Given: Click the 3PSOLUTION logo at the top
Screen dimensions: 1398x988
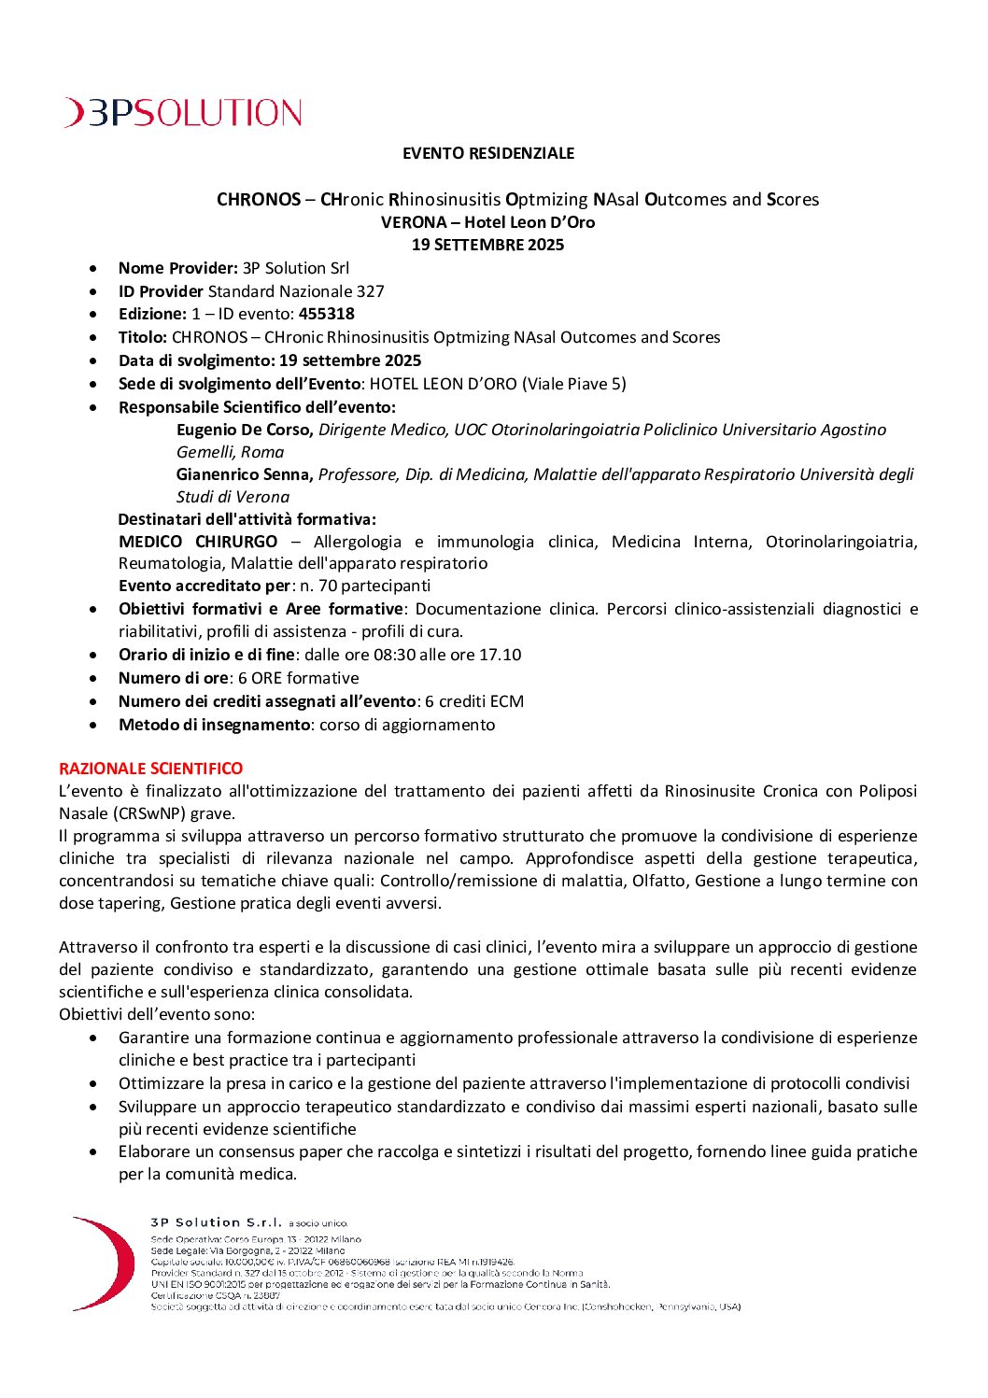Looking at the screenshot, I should [x=183, y=113].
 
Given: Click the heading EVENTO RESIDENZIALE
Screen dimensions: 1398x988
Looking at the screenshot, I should [x=488, y=153].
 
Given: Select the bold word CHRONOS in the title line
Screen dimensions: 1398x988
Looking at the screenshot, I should [x=259, y=200].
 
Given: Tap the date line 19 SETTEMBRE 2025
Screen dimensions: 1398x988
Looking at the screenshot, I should [x=488, y=245].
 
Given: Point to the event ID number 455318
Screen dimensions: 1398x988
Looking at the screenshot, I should [x=327, y=315].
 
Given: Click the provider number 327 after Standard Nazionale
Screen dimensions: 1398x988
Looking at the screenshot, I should [x=371, y=291].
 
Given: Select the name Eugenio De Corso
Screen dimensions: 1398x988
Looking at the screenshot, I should [x=244, y=430].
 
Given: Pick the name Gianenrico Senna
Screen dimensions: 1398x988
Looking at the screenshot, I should [x=245, y=474].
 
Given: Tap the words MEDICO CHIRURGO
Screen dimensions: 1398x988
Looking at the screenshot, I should [x=198, y=542].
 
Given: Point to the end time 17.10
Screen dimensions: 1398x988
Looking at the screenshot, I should [x=500, y=655].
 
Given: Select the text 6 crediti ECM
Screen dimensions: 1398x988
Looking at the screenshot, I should [x=474, y=701].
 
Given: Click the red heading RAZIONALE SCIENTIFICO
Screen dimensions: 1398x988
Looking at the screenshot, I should [x=151, y=769].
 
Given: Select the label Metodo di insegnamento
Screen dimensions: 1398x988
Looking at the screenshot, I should [x=214, y=725].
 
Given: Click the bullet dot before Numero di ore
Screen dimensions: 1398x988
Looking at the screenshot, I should [x=93, y=679].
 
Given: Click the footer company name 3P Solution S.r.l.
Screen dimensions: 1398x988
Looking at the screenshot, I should [x=216, y=1222].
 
